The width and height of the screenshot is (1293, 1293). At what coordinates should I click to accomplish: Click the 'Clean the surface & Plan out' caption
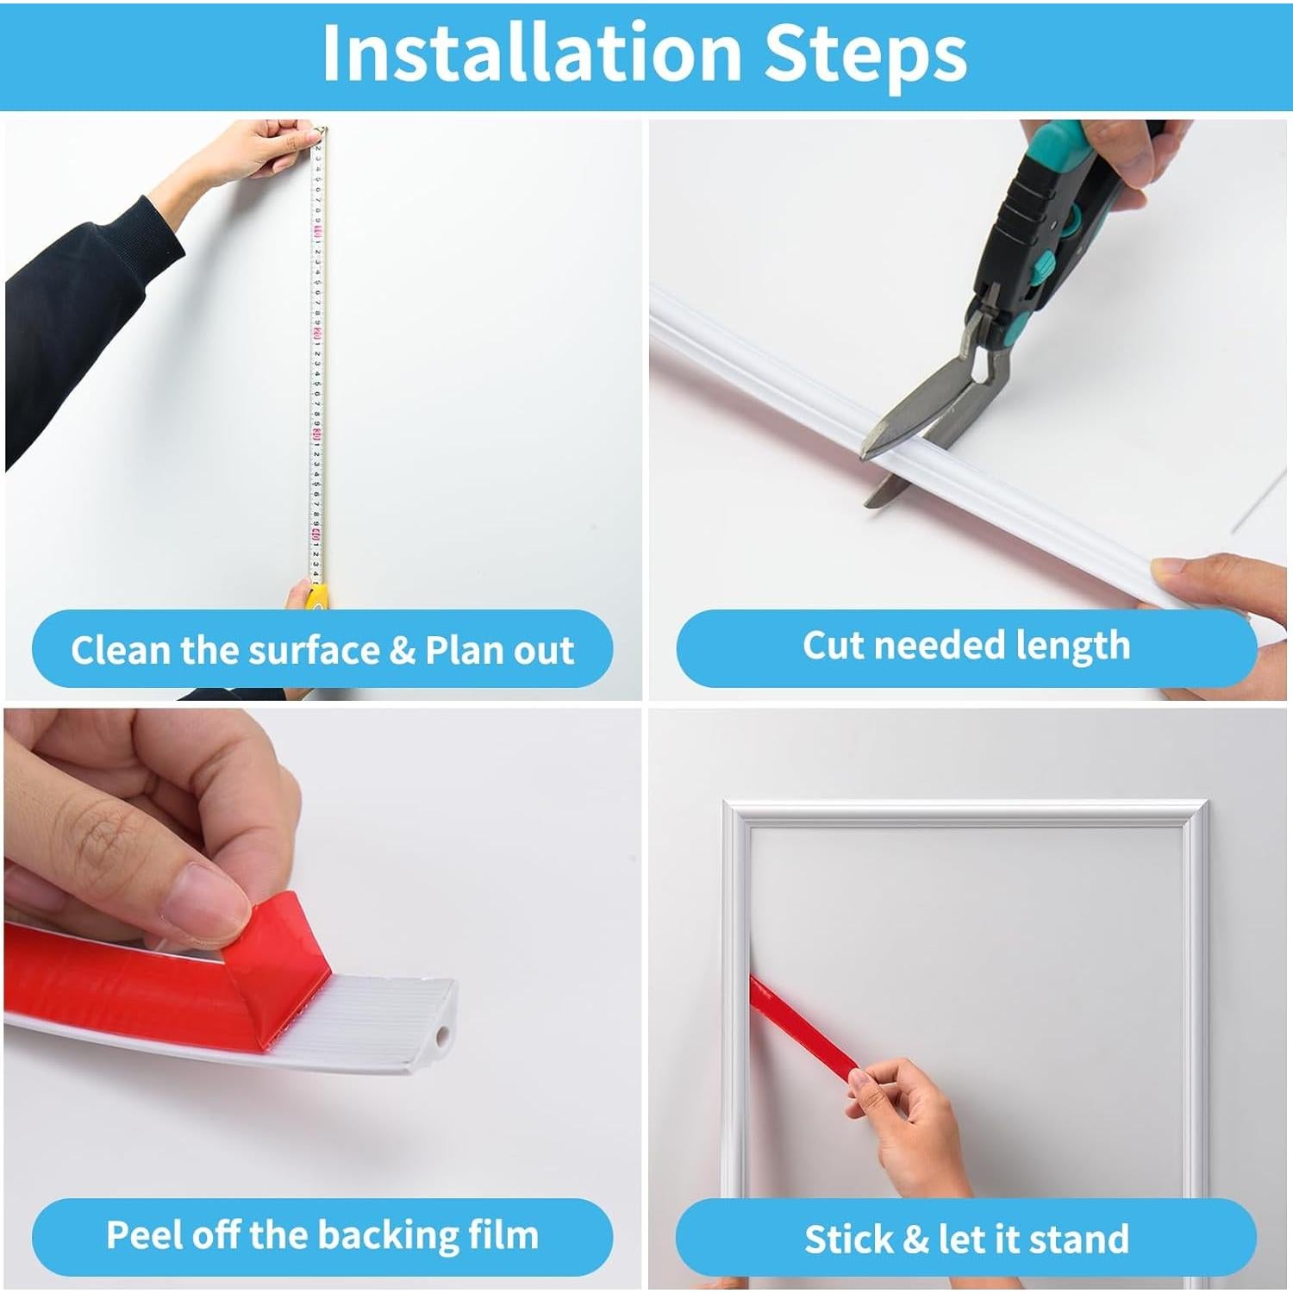pyautogui.click(x=322, y=650)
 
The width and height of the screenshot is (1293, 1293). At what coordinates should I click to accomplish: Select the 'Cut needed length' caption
pyautogui.click(x=966, y=646)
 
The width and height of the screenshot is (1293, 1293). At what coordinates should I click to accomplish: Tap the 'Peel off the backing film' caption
pyautogui.click(x=322, y=1235)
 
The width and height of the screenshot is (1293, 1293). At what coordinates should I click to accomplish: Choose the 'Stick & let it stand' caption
pyautogui.click(x=966, y=1240)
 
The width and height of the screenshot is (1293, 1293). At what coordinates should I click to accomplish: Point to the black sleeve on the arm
pyautogui.click(x=82, y=319)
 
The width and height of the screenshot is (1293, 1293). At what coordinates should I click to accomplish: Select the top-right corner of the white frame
pyautogui.click(x=1207, y=803)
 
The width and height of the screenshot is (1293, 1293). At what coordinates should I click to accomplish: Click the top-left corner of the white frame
pyautogui.click(x=727, y=803)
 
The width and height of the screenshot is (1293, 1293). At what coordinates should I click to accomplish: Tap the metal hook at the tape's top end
pyautogui.click(x=321, y=131)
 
